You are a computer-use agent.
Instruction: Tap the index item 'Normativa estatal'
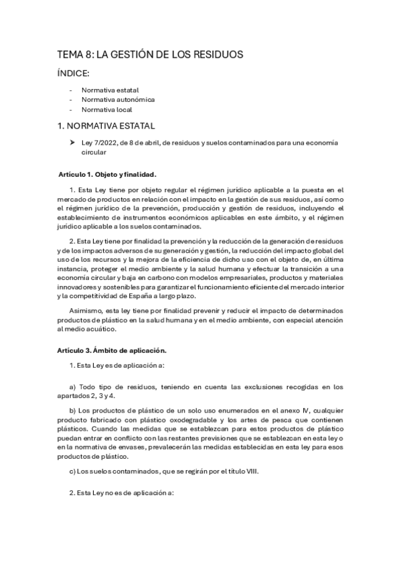pyautogui.click(x=110, y=90)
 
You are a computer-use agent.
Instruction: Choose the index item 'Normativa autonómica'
pyautogui.click(x=118, y=99)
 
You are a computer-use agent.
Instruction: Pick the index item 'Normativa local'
pyautogui.click(x=106, y=109)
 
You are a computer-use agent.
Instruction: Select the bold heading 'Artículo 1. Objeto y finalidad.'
pyautogui.click(x=107, y=175)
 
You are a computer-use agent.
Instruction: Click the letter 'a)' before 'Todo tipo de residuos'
pyautogui.click(x=73, y=387)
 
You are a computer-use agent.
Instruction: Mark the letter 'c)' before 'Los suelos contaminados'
pyautogui.click(x=73, y=472)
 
